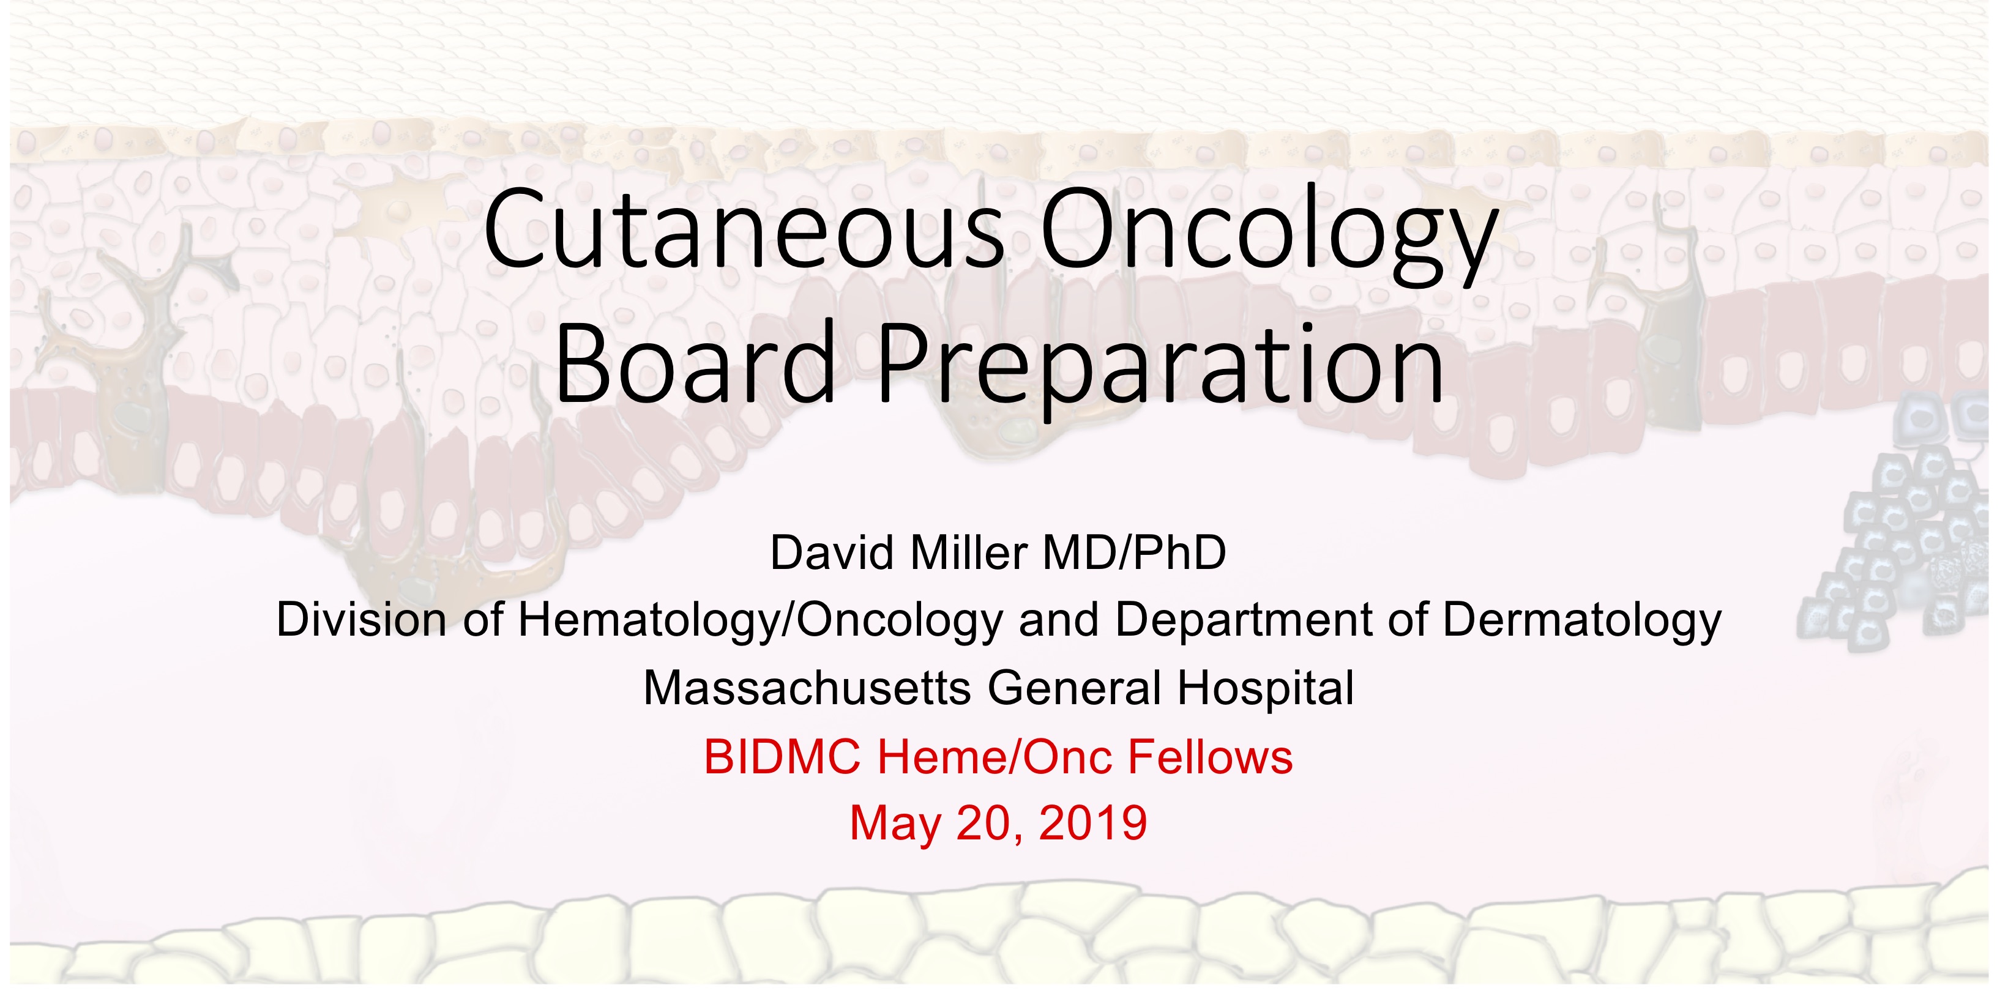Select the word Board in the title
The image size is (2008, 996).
695,362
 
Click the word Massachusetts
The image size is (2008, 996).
807,688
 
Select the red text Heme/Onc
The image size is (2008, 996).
995,757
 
